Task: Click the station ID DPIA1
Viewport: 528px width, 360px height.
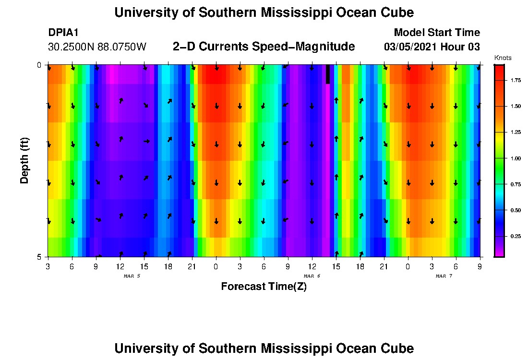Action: point(64,33)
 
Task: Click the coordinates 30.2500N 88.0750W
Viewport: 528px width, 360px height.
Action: point(97,47)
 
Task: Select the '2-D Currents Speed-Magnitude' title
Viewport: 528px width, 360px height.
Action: point(264,47)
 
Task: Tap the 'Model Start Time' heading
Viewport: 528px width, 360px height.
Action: point(437,33)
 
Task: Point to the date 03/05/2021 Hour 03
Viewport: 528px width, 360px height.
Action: point(432,47)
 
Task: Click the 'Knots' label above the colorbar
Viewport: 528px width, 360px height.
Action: point(503,58)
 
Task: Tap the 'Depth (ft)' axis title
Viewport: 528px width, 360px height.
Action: point(24,160)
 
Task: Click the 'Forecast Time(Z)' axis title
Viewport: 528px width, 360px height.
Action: point(264,287)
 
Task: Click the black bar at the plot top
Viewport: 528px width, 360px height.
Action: point(328,74)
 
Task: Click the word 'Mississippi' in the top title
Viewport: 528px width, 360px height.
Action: point(289,12)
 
